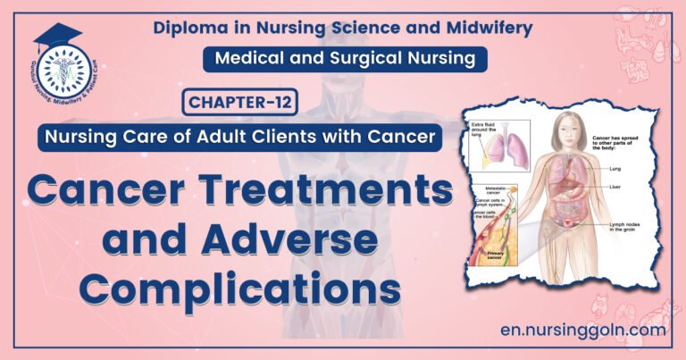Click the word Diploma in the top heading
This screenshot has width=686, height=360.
pos(191,27)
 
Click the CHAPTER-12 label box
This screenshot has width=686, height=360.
pos(239,104)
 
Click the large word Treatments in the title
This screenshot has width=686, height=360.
pos(333,189)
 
